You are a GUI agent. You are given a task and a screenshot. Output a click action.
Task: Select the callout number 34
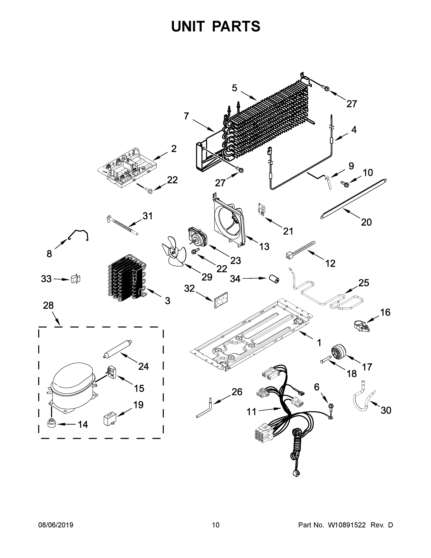coord(235,279)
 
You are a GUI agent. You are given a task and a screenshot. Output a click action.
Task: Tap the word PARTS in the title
coord(236,26)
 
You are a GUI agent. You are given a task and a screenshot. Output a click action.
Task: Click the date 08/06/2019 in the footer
coord(56,525)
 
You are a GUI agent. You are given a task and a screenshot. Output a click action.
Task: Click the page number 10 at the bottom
coord(216,525)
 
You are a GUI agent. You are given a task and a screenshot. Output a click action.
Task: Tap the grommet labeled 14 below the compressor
coord(51,423)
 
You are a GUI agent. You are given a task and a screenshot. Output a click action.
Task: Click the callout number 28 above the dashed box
coord(48,305)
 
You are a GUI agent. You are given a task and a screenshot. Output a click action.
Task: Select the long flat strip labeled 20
coord(354,199)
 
